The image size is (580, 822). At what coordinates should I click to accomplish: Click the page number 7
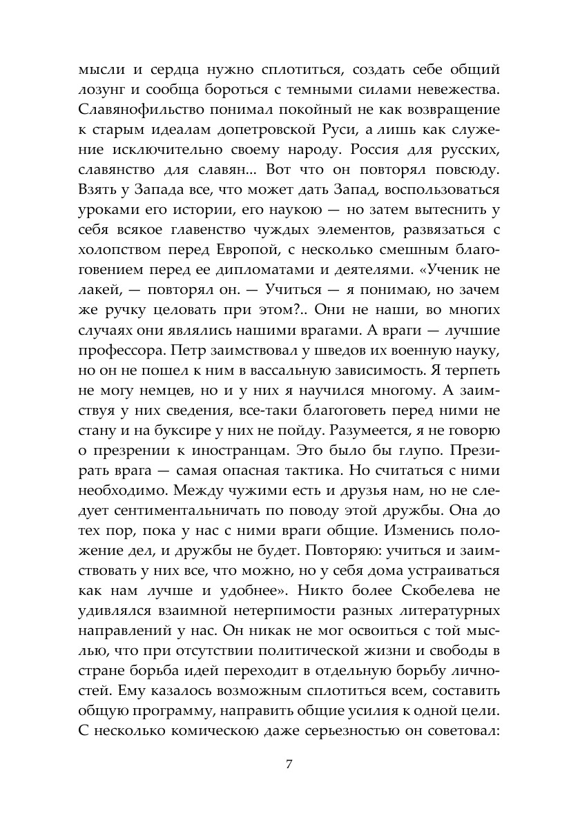tap(289, 764)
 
